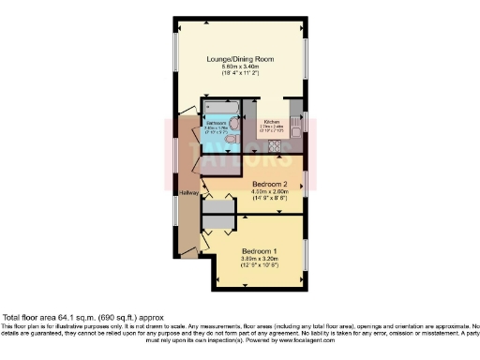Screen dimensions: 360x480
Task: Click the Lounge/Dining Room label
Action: (x=239, y=58)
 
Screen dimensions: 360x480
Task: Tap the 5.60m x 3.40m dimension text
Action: (x=239, y=67)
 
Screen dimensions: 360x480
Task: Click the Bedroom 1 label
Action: (x=258, y=251)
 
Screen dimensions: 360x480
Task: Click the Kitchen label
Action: (x=272, y=122)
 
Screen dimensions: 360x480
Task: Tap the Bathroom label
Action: (x=217, y=123)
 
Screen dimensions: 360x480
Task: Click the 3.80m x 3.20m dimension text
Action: (x=258, y=260)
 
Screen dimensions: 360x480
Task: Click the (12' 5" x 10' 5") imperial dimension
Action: (x=258, y=267)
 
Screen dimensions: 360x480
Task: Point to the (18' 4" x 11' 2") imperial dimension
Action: (x=239, y=74)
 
